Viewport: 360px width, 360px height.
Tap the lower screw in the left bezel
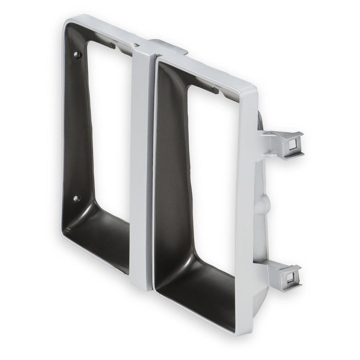coord(76,198)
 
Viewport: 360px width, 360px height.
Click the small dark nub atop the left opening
coord(112,46)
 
